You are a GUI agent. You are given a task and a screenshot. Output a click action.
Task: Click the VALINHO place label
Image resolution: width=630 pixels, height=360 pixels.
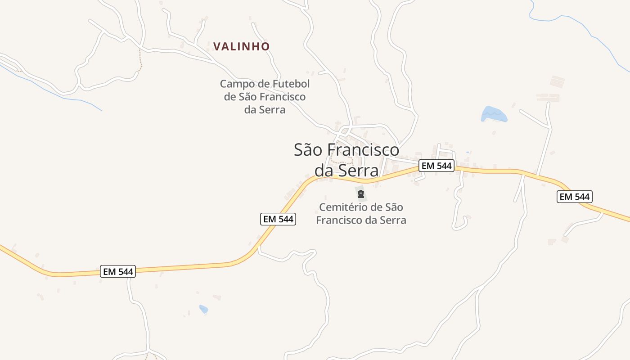coord(241,46)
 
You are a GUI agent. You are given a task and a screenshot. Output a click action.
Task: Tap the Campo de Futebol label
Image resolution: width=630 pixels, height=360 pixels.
coord(265,96)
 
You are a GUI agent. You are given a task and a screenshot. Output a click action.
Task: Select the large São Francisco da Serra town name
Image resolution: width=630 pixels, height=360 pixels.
coord(346,160)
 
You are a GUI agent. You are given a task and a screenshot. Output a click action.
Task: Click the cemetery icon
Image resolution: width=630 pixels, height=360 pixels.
coord(360,194)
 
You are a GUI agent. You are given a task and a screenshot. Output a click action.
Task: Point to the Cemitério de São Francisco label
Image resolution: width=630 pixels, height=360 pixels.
coord(361,214)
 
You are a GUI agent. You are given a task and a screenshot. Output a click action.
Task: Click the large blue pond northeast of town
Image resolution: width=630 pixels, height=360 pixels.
coord(494,114)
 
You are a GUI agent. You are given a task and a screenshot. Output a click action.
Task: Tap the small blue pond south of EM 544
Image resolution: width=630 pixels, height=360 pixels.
coord(204,309)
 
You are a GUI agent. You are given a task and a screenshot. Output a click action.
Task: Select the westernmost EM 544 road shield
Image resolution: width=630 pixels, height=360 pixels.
coord(117,271)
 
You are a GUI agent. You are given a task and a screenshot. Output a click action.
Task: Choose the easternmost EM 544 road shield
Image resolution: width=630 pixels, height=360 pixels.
coord(574,197)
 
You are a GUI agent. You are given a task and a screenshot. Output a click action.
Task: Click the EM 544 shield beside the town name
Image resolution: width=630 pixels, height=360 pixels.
coord(436,166)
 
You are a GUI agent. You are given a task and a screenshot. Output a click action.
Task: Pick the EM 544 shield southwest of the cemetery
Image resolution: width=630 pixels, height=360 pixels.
coord(278,219)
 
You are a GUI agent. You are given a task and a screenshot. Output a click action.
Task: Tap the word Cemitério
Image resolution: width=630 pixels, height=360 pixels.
coord(341,207)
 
